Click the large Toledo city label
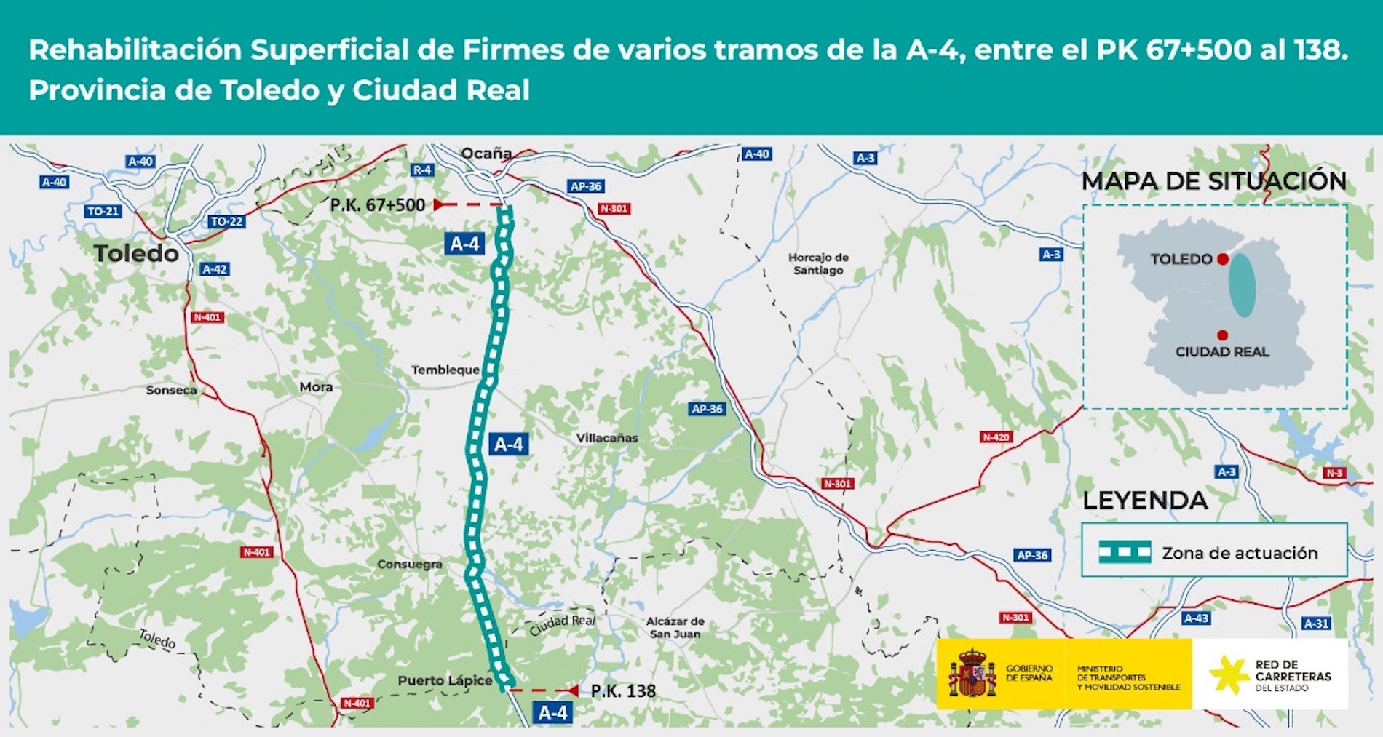(136, 253)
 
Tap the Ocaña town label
(486, 154)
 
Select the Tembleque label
(445, 370)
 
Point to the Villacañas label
(607, 438)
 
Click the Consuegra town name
(409, 564)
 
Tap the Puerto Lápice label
(445, 680)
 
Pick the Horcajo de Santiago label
(818, 263)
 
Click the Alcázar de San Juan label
(675, 627)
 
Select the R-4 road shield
(422, 170)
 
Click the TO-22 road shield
(226, 221)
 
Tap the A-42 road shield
(215, 269)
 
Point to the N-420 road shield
(996, 437)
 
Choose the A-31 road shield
(1316, 623)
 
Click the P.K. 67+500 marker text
(377, 205)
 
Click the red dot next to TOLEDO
(1223, 259)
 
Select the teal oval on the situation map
(1242, 284)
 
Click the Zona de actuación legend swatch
(1125, 552)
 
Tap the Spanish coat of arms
(972, 673)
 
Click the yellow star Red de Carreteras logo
(1229, 674)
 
